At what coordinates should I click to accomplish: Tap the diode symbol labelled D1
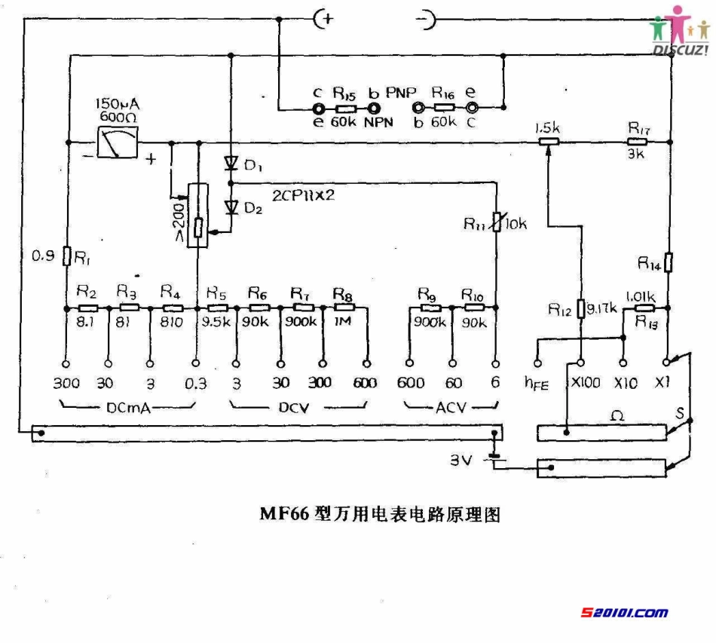click(231, 163)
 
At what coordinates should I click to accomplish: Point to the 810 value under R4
click(170, 320)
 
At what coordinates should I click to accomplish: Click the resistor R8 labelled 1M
click(344, 308)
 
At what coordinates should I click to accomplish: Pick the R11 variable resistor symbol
click(495, 223)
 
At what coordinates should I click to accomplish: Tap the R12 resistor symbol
click(581, 308)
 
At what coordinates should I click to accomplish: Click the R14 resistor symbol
click(669, 262)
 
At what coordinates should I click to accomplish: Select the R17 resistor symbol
click(637, 142)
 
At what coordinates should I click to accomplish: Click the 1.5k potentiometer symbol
click(548, 142)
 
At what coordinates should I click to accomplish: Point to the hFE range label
click(537, 383)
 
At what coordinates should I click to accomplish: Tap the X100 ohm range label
click(586, 383)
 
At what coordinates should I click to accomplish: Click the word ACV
click(451, 408)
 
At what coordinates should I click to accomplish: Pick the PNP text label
click(401, 92)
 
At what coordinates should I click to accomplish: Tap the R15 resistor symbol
click(344, 108)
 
